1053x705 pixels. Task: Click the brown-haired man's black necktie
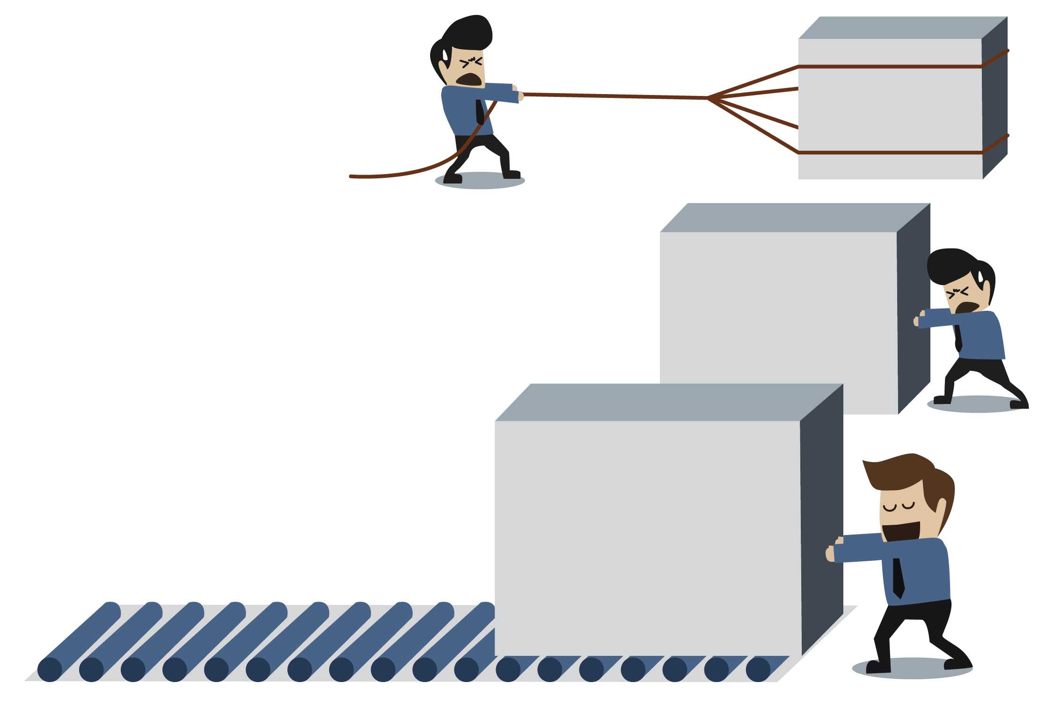point(898,579)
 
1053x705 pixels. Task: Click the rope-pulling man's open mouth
point(470,80)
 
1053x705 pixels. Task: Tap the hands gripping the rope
point(519,93)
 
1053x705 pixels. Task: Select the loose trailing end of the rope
point(352,176)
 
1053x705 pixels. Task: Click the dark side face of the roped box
point(995,98)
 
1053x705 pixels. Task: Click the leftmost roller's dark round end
point(50,669)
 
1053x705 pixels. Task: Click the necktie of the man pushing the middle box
point(958,337)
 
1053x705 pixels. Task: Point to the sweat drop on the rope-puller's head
point(445,56)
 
